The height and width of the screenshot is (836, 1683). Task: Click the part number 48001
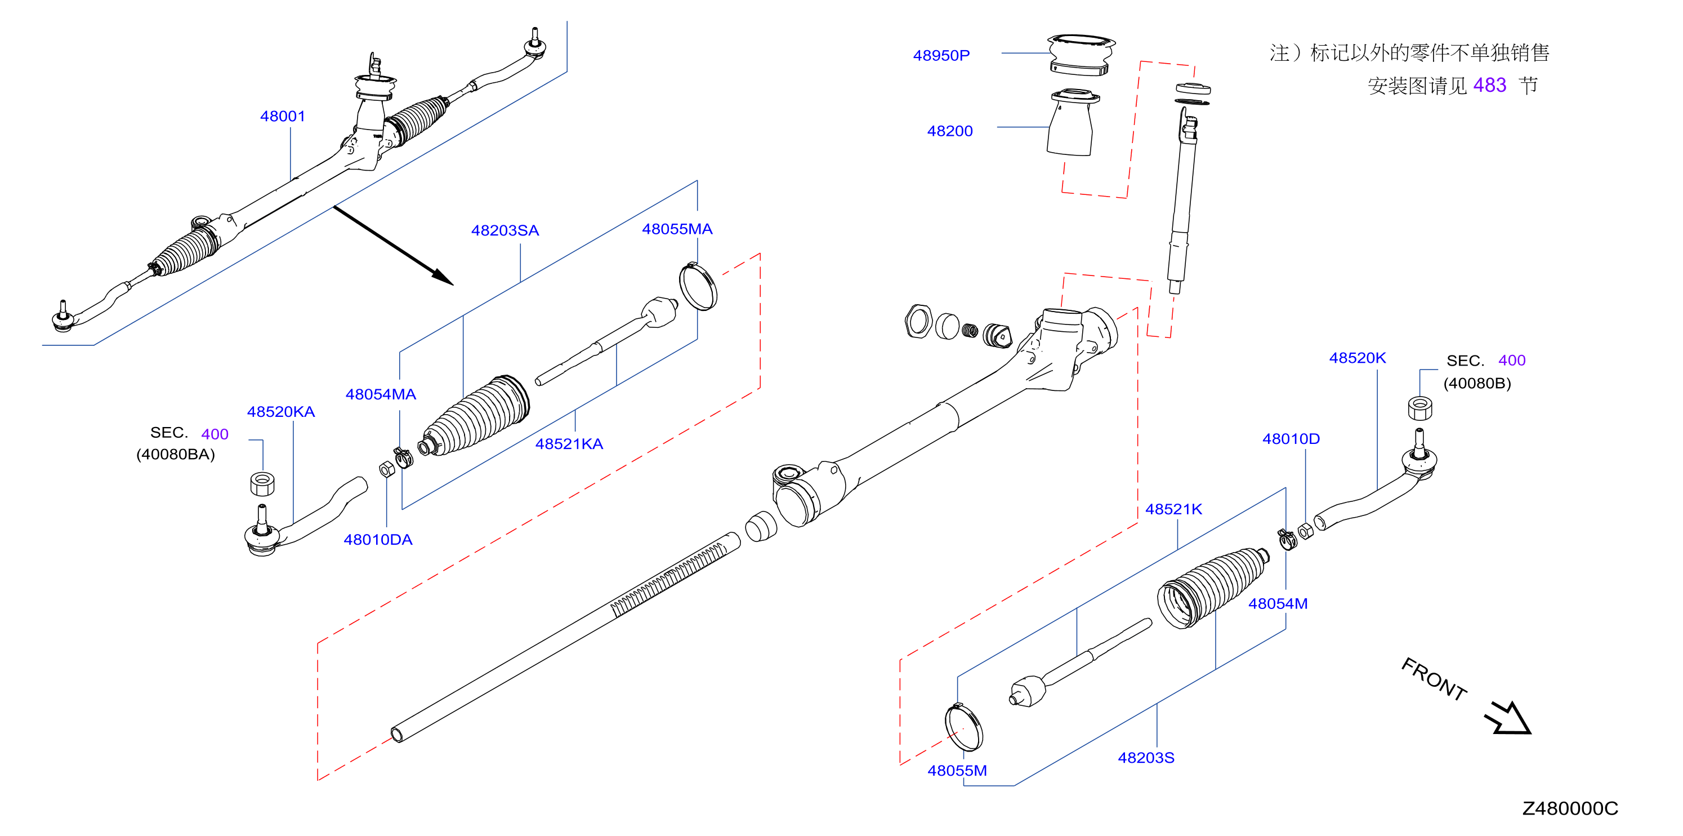(x=282, y=117)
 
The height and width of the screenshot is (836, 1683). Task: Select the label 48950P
(x=941, y=56)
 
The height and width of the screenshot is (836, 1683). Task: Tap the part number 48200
(x=949, y=131)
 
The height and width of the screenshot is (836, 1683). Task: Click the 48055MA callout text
(x=676, y=229)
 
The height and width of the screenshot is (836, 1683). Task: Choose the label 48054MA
(x=380, y=395)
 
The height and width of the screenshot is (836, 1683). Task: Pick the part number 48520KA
(x=280, y=412)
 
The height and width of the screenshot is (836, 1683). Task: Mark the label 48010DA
(x=378, y=540)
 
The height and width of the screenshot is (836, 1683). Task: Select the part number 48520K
(x=1357, y=358)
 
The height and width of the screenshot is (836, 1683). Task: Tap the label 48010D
(x=1291, y=439)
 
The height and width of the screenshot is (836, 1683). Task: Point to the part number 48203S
(x=1145, y=758)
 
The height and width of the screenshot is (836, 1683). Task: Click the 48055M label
(x=957, y=771)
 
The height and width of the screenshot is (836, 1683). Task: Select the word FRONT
(x=1434, y=680)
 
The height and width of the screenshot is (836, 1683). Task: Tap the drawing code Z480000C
(x=1569, y=809)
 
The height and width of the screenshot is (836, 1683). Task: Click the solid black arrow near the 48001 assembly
(x=394, y=246)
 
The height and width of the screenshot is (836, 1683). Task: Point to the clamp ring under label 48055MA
(x=698, y=286)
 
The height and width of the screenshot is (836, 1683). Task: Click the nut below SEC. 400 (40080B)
(x=1419, y=408)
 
